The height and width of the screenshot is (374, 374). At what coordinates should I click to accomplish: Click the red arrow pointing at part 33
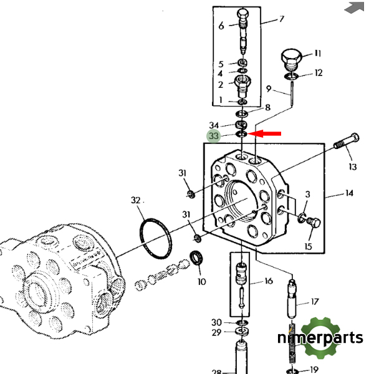[265, 133]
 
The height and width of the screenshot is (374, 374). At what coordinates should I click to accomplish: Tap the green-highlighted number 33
[214, 137]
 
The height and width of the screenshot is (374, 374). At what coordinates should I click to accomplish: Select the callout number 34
[214, 126]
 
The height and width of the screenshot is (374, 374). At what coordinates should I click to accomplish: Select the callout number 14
[349, 193]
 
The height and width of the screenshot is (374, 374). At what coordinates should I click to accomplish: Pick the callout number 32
[136, 201]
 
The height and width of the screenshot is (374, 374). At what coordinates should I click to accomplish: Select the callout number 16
[268, 281]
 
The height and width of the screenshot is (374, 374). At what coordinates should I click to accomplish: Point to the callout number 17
[315, 303]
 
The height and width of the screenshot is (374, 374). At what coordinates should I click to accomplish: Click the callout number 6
[221, 26]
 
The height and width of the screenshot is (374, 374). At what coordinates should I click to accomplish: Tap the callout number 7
[281, 19]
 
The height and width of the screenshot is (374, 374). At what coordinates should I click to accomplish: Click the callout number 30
[216, 322]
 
